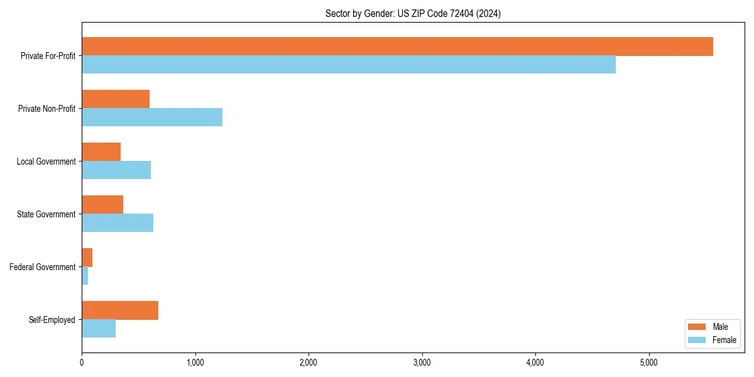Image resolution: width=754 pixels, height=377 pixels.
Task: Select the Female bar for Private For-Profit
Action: click(x=349, y=64)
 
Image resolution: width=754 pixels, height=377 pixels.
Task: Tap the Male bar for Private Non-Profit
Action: click(x=116, y=99)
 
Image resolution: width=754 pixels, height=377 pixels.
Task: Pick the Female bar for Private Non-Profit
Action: click(x=152, y=117)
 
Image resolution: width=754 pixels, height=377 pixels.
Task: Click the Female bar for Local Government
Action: click(x=116, y=170)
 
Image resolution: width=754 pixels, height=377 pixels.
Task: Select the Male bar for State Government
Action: click(x=102, y=205)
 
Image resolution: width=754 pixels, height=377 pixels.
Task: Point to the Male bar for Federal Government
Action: click(x=87, y=258)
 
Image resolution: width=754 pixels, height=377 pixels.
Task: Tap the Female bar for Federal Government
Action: click(x=85, y=275)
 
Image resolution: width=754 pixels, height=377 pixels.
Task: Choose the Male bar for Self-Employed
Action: click(x=120, y=310)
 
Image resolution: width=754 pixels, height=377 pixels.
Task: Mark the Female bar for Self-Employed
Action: click(x=99, y=328)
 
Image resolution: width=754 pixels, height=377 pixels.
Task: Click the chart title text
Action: click(x=413, y=13)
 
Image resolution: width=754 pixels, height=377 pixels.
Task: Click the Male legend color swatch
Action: click(x=697, y=327)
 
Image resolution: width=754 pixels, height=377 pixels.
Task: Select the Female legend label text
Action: click(x=724, y=340)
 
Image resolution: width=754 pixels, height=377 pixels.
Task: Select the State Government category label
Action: click(x=46, y=214)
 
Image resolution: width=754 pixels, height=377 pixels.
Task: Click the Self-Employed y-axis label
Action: click(x=52, y=320)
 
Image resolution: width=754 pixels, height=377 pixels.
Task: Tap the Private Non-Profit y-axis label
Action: click(x=46, y=109)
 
